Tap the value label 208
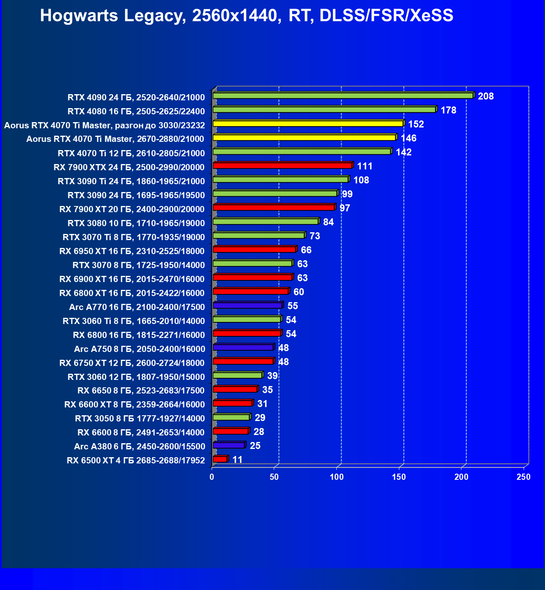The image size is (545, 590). tap(486, 96)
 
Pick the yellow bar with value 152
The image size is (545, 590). tap(308, 123)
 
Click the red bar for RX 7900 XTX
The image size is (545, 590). tap(282, 165)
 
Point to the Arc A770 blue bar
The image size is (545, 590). tap(247, 305)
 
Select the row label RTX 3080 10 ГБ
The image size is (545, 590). tap(136, 223)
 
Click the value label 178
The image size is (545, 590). tap(448, 110)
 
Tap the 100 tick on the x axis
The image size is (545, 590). tap(337, 477)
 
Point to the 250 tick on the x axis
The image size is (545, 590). tap(524, 477)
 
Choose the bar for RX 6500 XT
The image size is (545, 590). tap(220, 459)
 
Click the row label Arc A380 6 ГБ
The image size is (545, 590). tap(139, 447)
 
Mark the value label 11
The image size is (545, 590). tap(238, 460)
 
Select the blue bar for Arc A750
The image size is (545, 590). tap(243, 347)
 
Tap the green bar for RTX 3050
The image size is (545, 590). tap(231, 417)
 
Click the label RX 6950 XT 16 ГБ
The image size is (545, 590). tap(132, 251)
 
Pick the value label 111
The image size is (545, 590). tap(365, 166)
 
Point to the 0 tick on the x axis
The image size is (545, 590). tap(212, 477)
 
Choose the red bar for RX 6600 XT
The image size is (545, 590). tap(233, 403)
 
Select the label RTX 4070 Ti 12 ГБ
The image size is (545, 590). tap(131, 153)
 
